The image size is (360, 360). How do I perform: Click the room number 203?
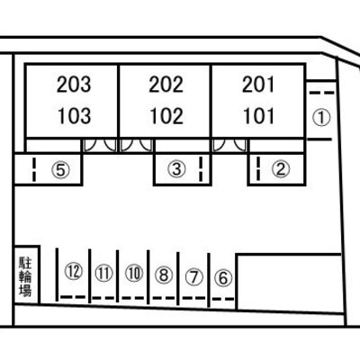point(74,85)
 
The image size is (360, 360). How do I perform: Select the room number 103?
point(74,116)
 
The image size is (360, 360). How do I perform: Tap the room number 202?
point(166,85)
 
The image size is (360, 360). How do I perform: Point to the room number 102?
point(166,116)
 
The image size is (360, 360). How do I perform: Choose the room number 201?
point(258,85)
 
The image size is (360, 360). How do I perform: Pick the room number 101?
point(258,116)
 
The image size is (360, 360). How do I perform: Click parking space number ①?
point(321,117)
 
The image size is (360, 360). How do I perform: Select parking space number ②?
point(281,169)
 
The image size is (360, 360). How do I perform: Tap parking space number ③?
point(176,169)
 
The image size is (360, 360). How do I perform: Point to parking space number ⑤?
point(60,170)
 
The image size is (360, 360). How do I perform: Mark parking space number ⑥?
point(223,278)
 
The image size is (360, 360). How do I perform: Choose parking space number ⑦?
point(194,277)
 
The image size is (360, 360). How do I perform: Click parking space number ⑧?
point(164,274)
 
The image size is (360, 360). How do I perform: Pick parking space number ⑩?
point(134,274)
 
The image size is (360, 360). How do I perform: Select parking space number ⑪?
point(103,274)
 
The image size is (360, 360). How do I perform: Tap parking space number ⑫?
point(74,271)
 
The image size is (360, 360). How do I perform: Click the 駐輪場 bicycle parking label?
point(25,276)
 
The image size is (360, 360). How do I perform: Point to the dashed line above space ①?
point(321,93)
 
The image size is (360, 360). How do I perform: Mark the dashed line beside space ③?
point(201,169)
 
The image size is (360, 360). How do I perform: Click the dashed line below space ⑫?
point(73,297)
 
